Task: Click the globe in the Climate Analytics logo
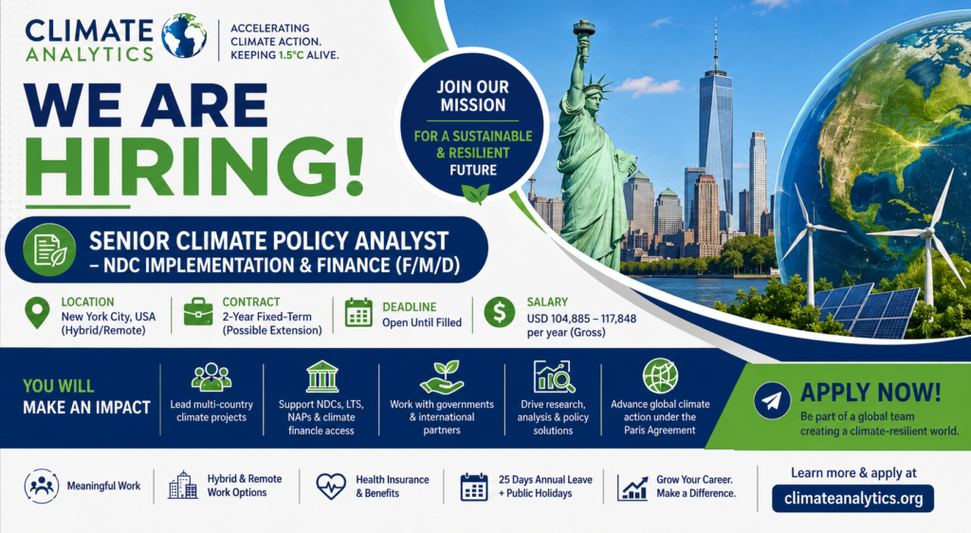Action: [x=185, y=36]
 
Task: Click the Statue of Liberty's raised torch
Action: [x=583, y=32]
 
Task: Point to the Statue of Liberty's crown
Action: [x=595, y=84]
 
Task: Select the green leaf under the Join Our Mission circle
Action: [x=475, y=193]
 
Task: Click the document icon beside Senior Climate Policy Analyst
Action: [x=49, y=249]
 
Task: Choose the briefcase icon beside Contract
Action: [x=198, y=311]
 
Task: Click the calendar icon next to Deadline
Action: [x=358, y=313]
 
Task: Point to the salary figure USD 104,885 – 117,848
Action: [x=581, y=319]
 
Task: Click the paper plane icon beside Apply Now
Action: [x=772, y=400]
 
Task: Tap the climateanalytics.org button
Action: [x=852, y=498]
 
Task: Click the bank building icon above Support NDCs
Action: [x=322, y=377]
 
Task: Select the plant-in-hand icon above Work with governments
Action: [x=442, y=377]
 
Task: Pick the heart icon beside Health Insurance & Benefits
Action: [x=331, y=487]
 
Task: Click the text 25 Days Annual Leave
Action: [x=545, y=480]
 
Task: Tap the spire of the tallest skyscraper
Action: [x=716, y=44]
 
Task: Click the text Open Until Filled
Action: [x=422, y=322]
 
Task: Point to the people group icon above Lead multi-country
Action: [x=211, y=377]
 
